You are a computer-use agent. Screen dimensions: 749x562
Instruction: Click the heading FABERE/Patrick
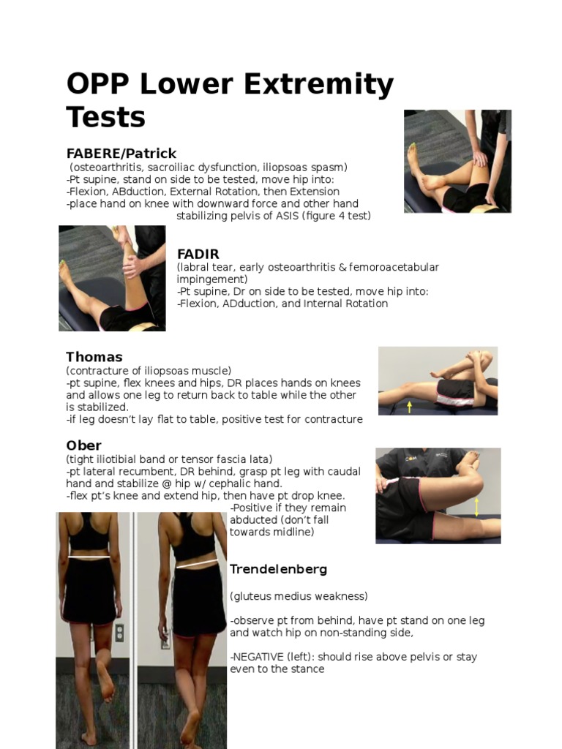[x=121, y=154]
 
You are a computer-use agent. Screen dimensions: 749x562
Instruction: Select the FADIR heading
[x=198, y=254]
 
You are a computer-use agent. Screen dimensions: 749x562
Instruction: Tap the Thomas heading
[x=94, y=357]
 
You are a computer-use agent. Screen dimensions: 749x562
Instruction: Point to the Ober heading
[x=83, y=445]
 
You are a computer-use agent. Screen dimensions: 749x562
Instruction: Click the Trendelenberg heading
[x=278, y=569]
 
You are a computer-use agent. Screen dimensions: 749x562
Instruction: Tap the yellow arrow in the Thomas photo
[x=409, y=406]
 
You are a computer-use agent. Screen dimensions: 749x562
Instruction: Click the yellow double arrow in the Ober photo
[x=477, y=506]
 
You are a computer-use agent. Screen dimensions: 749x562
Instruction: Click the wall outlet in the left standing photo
[x=119, y=633]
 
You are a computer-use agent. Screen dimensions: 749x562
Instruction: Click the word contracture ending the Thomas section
[x=334, y=419]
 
